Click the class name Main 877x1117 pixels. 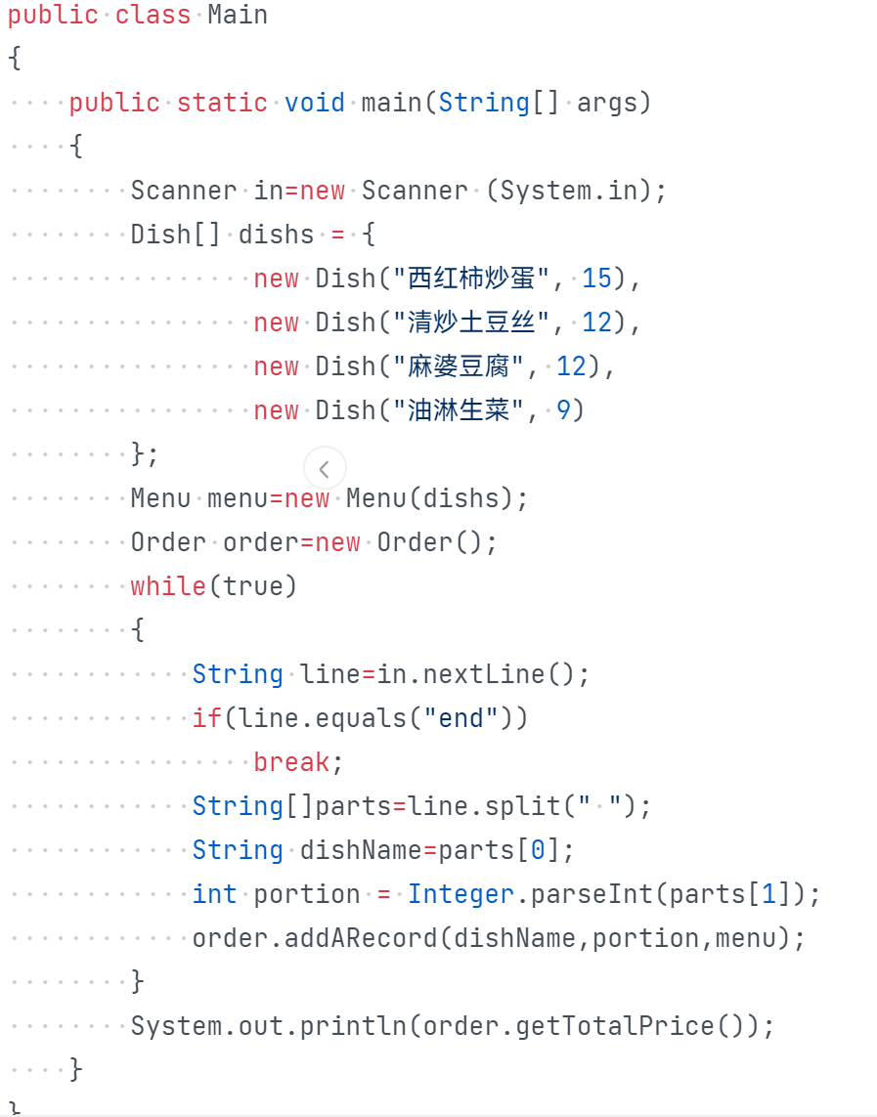click(x=238, y=16)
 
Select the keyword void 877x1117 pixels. click(x=315, y=103)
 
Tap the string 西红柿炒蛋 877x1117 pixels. click(x=471, y=279)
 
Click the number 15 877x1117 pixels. click(x=596, y=279)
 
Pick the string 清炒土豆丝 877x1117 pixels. click(x=471, y=322)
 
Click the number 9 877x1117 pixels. click(x=564, y=410)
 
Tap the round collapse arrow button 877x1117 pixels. click(x=325, y=469)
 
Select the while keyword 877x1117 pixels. click(x=169, y=586)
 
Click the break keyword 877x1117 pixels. click(x=291, y=762)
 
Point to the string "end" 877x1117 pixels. click(x=461, y=718)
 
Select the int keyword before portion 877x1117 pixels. click(x=214, y=894)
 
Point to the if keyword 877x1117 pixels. click(x=207, y=718)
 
